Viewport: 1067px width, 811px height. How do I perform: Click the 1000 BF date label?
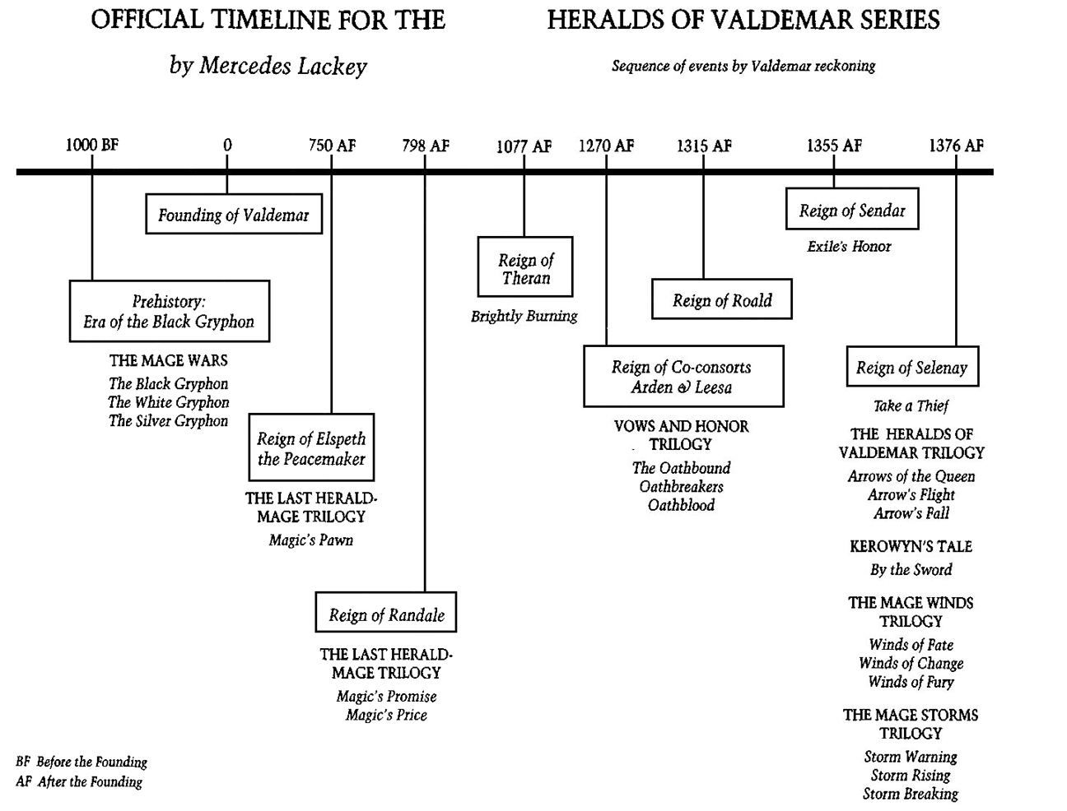coord(92,146)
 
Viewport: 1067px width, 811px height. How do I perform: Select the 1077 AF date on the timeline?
coord(524,146)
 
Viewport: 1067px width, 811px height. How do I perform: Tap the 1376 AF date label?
coord(956,146)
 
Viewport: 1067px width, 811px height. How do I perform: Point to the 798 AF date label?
coord(426,146)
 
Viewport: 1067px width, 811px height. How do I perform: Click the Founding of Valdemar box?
coord(234,215)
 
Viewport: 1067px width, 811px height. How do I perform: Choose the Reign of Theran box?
coord(525,268)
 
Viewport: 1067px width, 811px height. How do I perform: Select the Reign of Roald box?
coord(722,300)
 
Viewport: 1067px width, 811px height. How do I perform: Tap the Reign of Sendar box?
coord(852,211)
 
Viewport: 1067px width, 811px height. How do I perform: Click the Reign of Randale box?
coord(386,614)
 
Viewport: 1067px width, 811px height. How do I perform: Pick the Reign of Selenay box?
coord(912,368)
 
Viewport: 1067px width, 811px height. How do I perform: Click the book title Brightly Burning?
coord(524,316)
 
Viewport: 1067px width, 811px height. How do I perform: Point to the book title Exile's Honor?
coord(849,246)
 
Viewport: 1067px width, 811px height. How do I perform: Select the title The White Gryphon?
coord(169,402)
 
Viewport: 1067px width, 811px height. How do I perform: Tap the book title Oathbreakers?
coord(682,486)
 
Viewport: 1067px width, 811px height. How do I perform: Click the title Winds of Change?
coord(911,663)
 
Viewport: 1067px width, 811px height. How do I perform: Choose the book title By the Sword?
coord(911,569)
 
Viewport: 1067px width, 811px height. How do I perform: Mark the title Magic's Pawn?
coord(311,540)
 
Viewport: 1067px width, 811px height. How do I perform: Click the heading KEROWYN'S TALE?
coord(911,546)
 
